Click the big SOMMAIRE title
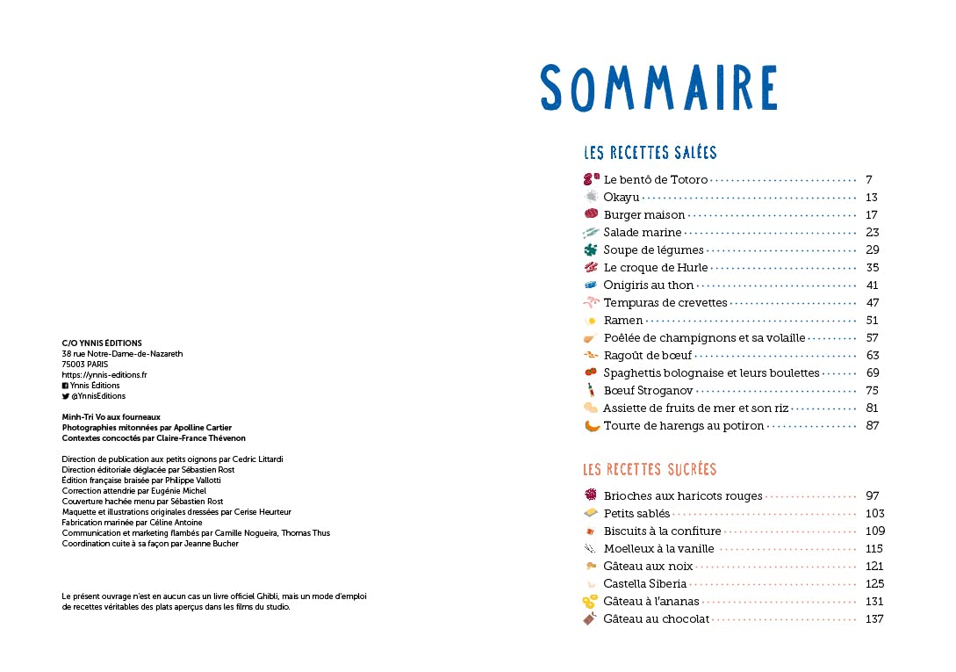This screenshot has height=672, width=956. pos(658,88)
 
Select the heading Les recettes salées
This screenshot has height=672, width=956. pos(650,153)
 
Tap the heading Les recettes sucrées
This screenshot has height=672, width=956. pos(650,469)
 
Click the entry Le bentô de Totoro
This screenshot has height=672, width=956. pos(655,180)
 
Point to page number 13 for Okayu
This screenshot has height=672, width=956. pos(871,198)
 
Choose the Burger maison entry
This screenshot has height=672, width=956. pos(644,215)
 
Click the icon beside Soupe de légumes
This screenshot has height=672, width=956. pos(590,250)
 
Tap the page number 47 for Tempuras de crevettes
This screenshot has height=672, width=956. pos(872,303)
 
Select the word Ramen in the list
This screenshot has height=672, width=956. pos(623,321)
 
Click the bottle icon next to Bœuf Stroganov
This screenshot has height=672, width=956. pos(591,390)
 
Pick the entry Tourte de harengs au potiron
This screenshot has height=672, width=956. pos(684,426)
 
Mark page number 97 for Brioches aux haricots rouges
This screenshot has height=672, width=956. pos(872,496)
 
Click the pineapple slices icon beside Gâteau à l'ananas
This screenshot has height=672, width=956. pos(590,602)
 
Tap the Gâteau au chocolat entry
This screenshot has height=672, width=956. pos(656,619)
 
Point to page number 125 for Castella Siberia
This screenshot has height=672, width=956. pos(873,584)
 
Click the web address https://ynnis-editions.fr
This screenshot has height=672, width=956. pos(104,375)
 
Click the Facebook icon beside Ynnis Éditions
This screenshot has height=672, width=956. pos(65,386)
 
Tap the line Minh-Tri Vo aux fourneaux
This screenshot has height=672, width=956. pos(111,417)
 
